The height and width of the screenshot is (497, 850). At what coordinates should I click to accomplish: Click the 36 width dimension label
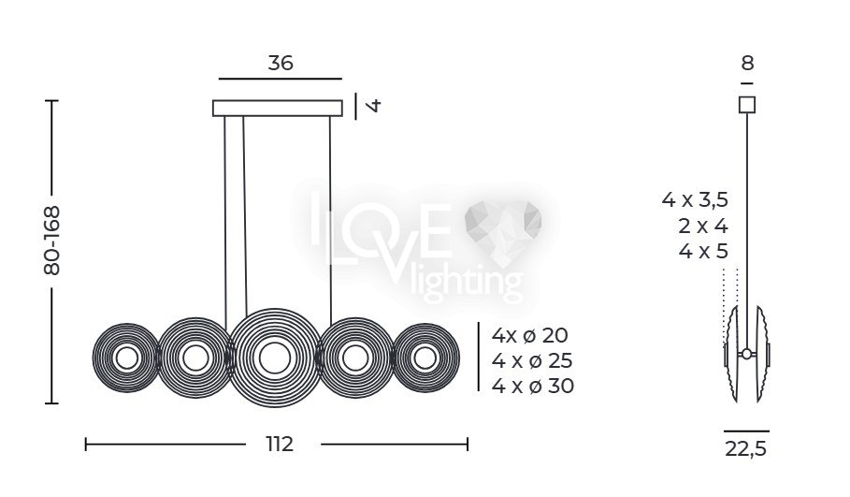281,63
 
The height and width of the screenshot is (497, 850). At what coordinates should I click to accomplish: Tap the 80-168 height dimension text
52,241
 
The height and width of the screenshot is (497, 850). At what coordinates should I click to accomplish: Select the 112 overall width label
280,445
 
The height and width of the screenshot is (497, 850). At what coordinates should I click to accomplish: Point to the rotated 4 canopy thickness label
373,105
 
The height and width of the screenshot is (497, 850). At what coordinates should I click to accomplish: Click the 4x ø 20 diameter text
529,335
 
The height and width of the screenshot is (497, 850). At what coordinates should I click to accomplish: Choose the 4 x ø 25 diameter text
532,360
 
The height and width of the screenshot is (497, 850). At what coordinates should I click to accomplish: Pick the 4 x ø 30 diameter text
533,387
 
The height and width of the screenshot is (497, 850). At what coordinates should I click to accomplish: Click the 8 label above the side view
747,64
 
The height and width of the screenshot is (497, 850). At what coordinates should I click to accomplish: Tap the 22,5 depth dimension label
746,449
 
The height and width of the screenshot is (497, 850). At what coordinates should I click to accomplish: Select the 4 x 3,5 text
695,199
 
